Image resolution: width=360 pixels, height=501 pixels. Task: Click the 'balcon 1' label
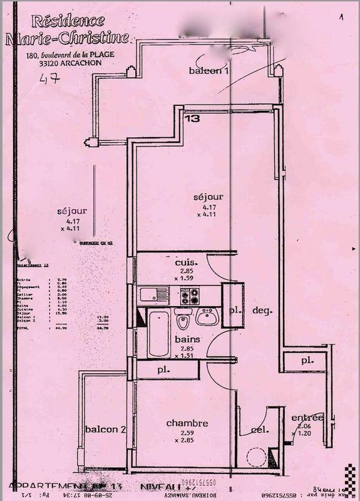(209, 71)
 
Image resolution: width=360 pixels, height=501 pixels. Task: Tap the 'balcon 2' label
(106, 429)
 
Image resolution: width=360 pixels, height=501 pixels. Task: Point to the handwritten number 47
(49, 80)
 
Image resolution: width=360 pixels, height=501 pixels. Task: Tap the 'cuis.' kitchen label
(186, 262)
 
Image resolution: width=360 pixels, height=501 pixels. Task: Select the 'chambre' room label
(187, 423)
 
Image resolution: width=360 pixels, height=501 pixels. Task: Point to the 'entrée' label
(307, 418)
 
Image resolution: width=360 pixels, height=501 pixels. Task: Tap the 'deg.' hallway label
(260, 309)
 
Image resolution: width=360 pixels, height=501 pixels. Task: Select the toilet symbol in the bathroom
(183, 320)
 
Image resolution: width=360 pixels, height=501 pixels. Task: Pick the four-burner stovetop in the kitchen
(189, 295)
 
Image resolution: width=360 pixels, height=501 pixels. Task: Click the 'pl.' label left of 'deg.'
(235, 309)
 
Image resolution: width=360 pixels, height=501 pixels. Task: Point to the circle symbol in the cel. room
(255, 458)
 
